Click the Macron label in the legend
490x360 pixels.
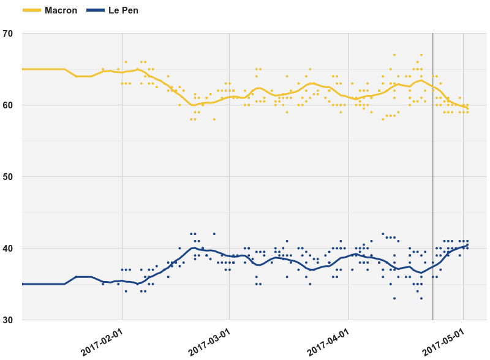(x=61, y=10)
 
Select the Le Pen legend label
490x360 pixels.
(x=123, y=10)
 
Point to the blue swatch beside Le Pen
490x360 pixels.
(x=96, y=10)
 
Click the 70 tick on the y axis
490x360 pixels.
(x=8, y=34)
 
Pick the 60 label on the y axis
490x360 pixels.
(x=8, y=105)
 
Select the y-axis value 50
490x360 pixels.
(x=8, y=177)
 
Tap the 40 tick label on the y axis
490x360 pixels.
(x=8, y=249)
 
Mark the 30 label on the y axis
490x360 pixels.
(x=8, y=320)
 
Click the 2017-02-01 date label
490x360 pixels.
(x=102, y=341)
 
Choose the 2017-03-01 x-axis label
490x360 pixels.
(x=209, y=341)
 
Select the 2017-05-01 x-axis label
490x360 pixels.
(x=443, y=341)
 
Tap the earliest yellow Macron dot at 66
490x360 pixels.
(x=126, y=62)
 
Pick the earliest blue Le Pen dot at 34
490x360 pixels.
(x=126, y=291)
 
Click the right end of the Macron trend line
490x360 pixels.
(x=467, y=107)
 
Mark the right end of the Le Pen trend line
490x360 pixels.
(x=467, y=246)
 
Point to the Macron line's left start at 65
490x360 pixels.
(x=23, y=69)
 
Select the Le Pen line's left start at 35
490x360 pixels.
(x=23, y=284)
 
